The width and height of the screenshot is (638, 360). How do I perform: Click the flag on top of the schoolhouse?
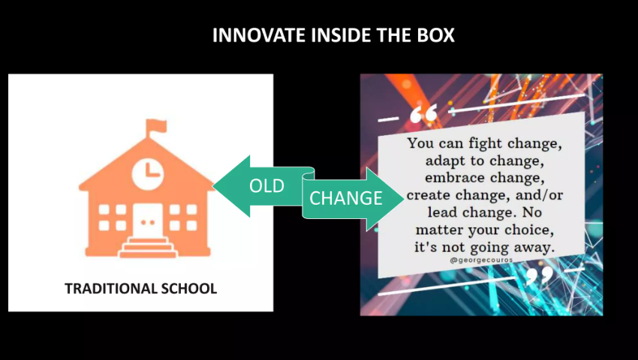point(156,126)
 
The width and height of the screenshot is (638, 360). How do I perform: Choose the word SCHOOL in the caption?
point(189,289)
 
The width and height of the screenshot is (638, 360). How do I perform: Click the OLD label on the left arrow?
point(266,186)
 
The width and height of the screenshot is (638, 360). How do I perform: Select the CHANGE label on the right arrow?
point(346,198)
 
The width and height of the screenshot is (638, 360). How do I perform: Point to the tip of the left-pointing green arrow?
point(213,186)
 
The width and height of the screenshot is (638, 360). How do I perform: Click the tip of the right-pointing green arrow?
point(405,199)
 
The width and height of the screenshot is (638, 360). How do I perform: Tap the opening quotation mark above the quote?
point(423,113)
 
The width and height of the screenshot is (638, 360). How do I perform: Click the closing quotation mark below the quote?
point(540,276)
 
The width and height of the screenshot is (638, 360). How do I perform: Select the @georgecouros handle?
point(481,260)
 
